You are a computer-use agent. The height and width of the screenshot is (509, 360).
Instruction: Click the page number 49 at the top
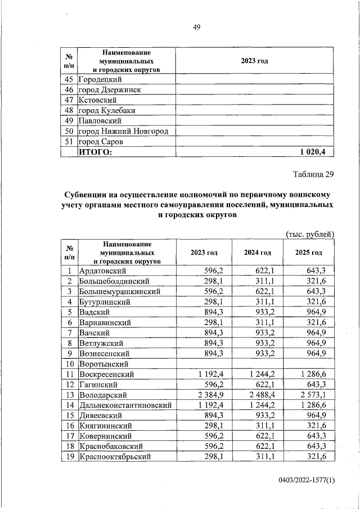point(197,26)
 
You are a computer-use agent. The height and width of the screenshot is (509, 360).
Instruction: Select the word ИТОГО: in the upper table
point(96,151)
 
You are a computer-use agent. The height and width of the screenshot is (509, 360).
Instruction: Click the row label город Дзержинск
point(110,90)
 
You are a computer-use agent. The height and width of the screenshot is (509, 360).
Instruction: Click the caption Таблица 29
point(313,174)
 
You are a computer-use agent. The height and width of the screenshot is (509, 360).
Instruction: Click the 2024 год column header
point(258,253)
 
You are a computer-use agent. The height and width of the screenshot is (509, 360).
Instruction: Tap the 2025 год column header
point(309,253)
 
